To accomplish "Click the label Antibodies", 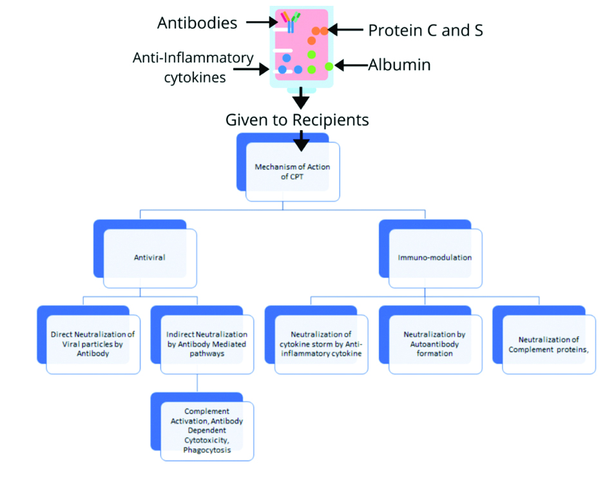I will click(197, 23).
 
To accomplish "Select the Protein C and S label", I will click(425, 30).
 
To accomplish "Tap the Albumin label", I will click(399, 65).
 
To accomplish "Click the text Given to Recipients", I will click(297, 120).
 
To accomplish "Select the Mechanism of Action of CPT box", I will click(293, 172).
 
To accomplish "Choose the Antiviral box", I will click(149, 257).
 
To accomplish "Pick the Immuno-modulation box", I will click(435, 257).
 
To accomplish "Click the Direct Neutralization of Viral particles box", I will click(93, 344).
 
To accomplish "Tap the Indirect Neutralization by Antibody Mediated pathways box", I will click(206, 344).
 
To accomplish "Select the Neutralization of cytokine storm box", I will click(321, 344).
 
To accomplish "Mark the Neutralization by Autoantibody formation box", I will click(435, 344).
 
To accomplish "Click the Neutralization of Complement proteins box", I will click(548, 344).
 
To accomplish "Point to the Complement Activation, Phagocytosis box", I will click(206, 430).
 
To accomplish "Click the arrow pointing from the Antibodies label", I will click(261, 23).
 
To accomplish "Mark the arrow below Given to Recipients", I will click(301, 140).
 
